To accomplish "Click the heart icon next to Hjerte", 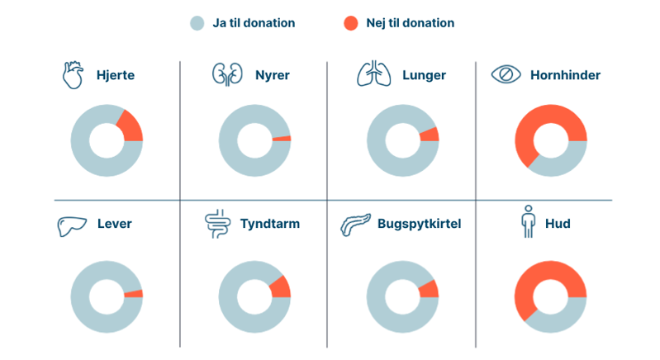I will pyautogui.click(x=74, y=75).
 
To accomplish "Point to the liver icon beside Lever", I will pyautogui.click(x=72, y=225).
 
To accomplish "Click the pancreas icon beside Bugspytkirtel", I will pyautogui.click(x=356, y=224).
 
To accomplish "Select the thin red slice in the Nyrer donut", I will pyautogui.click(x=282, y=138).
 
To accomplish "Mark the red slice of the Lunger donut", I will pyautogui.click(x=430, y=134).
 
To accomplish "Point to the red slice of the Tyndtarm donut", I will pyautogui.click(x=281, y=287).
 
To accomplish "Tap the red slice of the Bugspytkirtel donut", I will pyautogui.click(x=430, y=288).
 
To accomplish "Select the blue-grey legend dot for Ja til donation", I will pyautogui.click(x=196, y=23).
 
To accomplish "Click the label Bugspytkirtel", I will pyautogui.click(x=419, y=224).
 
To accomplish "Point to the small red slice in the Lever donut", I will pyautogui.click(x=134, y=294).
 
